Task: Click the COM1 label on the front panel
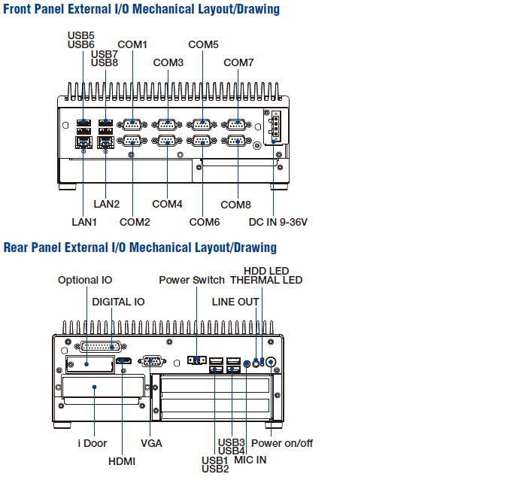[x=132, y=45]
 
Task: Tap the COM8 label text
[x=235, y=205]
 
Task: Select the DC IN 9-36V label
[x=278, y=222]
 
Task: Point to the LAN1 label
[x=84, y=222]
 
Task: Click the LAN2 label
[x=106, y=204]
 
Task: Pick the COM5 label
[x=203, y=45]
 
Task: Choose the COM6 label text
[x=204, y=222]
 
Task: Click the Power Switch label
[x=192, y=280]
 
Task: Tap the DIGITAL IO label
[x=118, y=302]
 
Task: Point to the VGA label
[x=151, y=443]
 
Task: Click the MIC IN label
[x=250, y=460]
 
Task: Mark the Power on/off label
[x=282, y=443]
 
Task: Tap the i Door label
[x=92, y=443]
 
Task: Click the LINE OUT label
[x=235, y=302]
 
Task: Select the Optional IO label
[x=85, y=280]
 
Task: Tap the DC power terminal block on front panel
[x=275, y=126]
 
